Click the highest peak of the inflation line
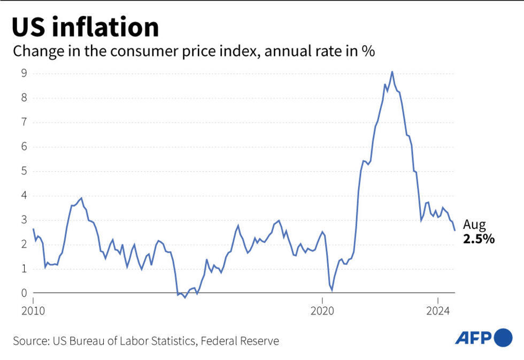pos(392,72)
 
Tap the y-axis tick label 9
pos(24,73)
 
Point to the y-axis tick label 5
pos(24,171)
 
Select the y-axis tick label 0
pos(24,293)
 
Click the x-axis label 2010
pos(33,310)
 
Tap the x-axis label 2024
pos(438,310)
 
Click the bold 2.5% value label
pos(479,240)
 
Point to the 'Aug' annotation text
pos(474,225)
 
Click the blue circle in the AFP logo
pos(504,338)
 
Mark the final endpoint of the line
pos(454,230)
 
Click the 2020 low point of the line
pos(332,290)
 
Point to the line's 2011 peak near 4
pos(81,198)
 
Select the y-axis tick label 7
pos(24,122)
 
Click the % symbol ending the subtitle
pos(369,52)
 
